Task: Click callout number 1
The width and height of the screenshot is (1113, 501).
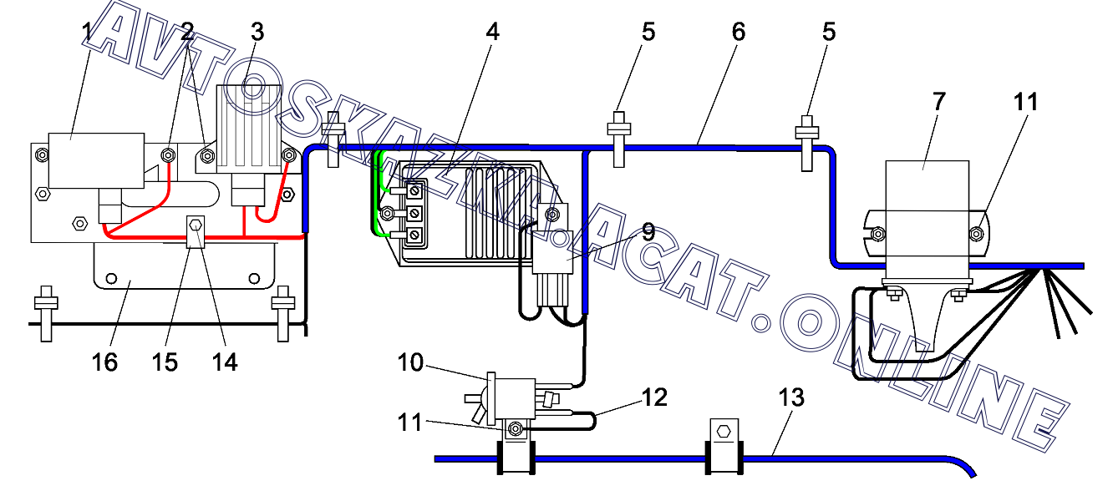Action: pos(87,32)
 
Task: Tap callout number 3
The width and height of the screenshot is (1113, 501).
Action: pos(257,32)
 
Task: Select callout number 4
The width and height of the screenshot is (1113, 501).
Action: pos(492,32)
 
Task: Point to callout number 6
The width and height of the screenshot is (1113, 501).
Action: pos(739,32)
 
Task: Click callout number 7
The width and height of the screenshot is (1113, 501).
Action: pos(938,102)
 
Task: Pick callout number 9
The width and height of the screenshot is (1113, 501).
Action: pos(648,232)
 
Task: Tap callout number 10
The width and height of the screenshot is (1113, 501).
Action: pos(410,362)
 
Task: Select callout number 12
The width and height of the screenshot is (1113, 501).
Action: pos(654,397)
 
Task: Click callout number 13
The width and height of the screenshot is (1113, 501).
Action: pos(791,397)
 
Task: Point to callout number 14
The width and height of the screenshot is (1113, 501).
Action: pos(225,362)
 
